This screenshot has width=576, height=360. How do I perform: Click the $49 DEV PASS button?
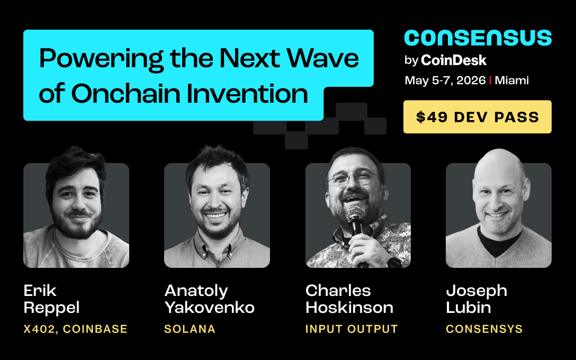[x=477, y=117]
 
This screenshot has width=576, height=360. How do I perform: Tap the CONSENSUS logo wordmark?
[x=478, y=38]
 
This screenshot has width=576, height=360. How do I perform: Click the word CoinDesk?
[x=454, y=60]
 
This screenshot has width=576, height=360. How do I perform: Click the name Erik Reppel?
[x=52, y=299]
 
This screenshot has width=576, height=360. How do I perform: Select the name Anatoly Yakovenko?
[x=209, y=299]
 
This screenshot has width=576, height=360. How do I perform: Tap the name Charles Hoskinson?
[x=349, y=299]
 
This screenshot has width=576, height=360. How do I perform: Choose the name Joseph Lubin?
[x=476, y=299]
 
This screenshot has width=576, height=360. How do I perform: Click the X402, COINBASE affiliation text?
[x=76, y=329]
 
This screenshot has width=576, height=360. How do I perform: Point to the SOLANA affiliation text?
[x=190, y=329]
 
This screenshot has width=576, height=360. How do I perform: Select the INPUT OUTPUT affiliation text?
[x=352, y=329]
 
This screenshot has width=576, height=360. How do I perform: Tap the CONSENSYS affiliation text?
[x=484, y=329]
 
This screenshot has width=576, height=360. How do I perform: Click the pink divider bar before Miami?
[x=491, y=80]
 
